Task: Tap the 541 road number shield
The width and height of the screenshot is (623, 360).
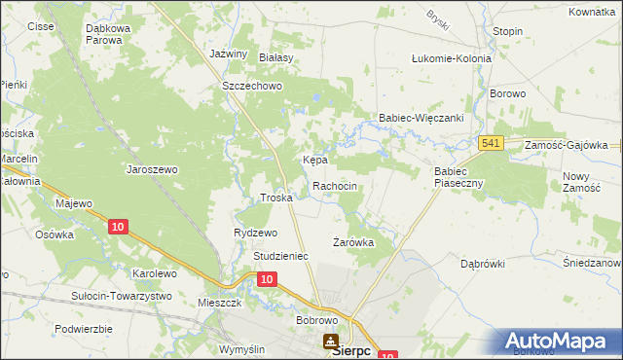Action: (x=491, y=144)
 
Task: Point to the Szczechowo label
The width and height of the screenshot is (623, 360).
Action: (x=252, y=86)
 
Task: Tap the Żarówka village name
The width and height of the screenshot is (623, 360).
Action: (x=353, y=242)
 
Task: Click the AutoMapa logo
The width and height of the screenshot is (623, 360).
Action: (x=559, y=342)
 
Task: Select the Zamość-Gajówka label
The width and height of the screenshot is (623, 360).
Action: (x=566, y=144)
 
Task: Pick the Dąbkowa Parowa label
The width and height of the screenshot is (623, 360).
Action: (x=117, y=35)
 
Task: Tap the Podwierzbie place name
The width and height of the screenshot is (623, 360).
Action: (x=84, y=329)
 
